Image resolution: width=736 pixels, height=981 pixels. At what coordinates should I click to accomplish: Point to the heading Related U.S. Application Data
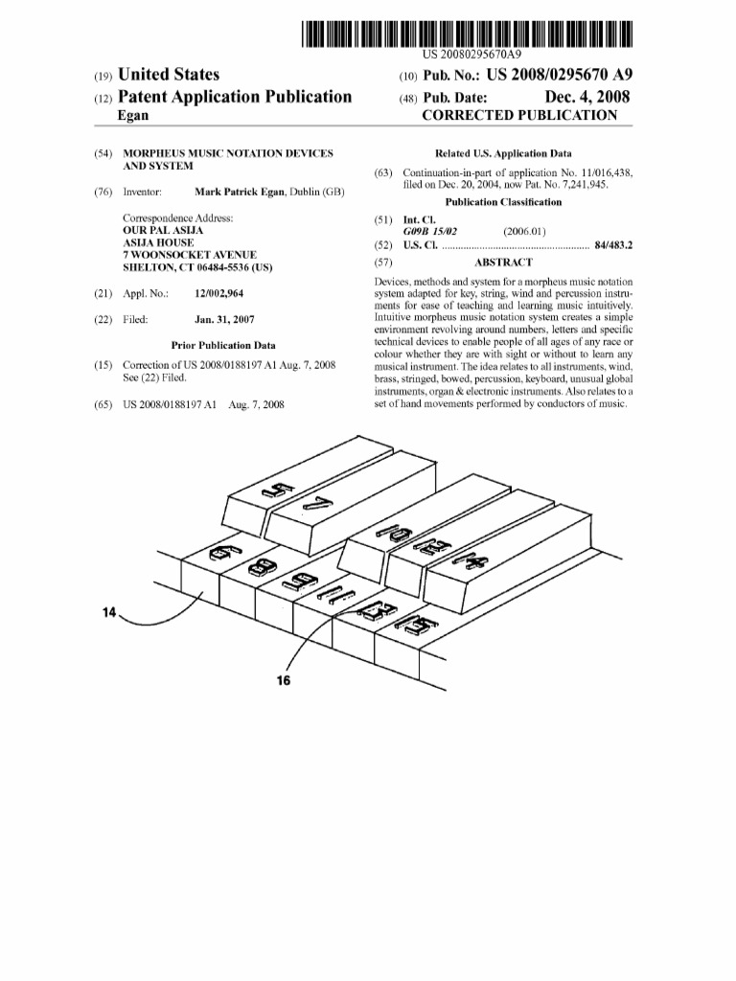pyautogui.click(x=503, y=153)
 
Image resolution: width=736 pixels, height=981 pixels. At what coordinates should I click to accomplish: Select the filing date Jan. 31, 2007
pyautogui.click(x=224, y=319)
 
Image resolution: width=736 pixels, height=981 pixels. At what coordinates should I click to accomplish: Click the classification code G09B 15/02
pyautogui.click(x=430, y=231)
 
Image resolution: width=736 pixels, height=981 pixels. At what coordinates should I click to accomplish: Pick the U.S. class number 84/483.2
pyautogui.click(x=613, y=245)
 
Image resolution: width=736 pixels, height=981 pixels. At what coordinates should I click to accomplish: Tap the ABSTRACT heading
pyautogui.click(x=503, y=262)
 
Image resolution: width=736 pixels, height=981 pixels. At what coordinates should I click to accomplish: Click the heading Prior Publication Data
pyautogui.click(x=223, y=346)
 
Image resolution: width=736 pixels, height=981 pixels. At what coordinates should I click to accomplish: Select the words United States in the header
pyautogui.click(x=169, y=75)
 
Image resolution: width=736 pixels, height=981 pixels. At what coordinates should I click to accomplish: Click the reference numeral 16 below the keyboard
pyautogui.click(x=283, y=681)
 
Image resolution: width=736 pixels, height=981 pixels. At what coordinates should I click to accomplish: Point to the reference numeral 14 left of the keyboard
pyautogui.click(x=110, y=612)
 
